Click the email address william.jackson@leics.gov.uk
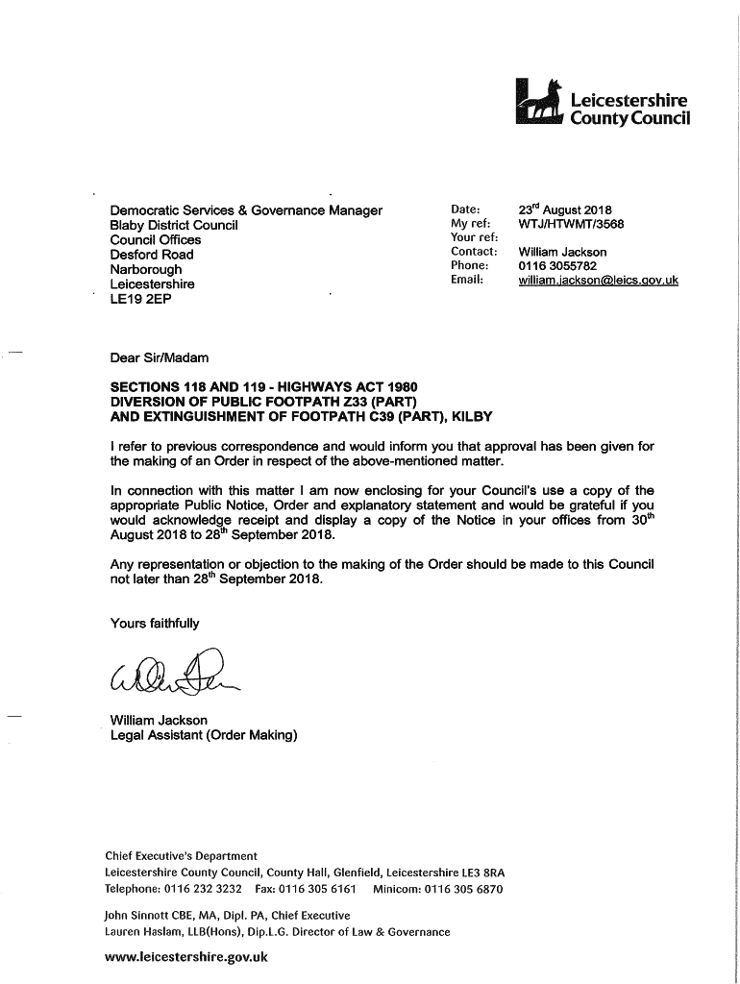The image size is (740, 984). coord(598,280)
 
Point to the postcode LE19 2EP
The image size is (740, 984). coord(140,299)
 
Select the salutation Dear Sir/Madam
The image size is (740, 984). coord(160,358)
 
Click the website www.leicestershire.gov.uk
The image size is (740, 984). coord(186,957)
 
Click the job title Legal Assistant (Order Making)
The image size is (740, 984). coord(204,735)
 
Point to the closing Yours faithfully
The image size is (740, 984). coord(155,624)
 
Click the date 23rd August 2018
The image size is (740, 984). coord(565,209)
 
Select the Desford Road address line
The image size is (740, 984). coord(152,255)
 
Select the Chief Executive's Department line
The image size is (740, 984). coord(181,856)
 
